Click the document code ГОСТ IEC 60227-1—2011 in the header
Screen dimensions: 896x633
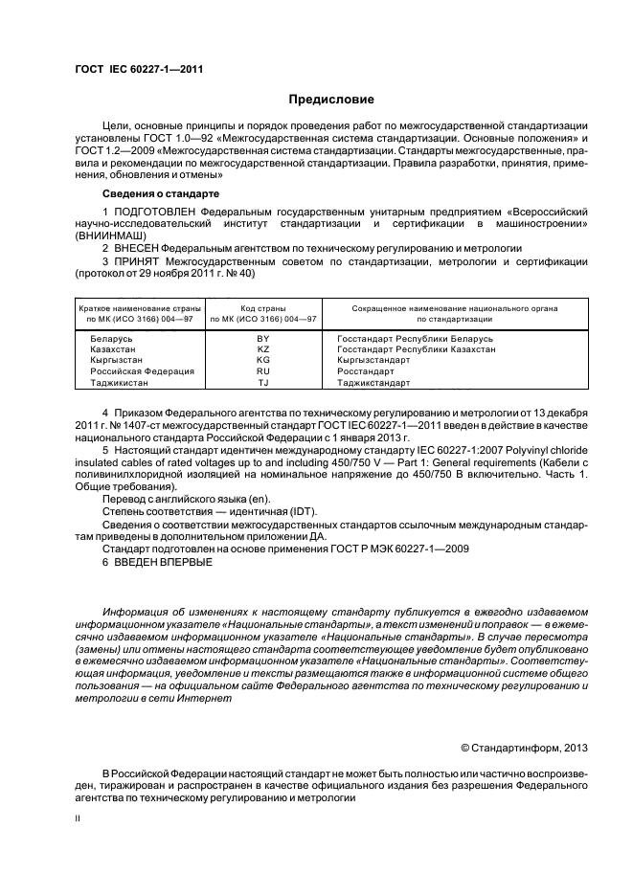pyautogui.click(x=138, y=69)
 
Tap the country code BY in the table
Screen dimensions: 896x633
pyautogui.click(x=263, y=339)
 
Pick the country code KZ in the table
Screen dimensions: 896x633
pyautogui.click(x=263, y=349)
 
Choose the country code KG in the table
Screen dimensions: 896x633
pyautogui.click(x=263, y=360)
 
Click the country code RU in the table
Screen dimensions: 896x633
pyautogui.click(x=263, y=370)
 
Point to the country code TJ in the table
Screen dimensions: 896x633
pyautogui.click(x=263, y=382)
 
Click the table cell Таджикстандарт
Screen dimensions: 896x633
pyautogui.click(x=373, y=382)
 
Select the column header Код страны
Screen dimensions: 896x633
pyautogui.click(x=263, y=308)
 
